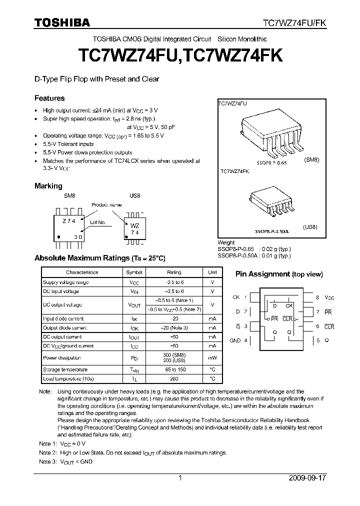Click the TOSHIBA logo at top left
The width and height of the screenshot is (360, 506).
coord(62,22)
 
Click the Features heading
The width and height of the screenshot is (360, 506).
coord(49,98)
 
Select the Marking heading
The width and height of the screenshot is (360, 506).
coord(48,186)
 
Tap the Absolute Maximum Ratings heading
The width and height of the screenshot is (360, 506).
coord(99,258)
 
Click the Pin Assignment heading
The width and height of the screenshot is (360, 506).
coord(279,274)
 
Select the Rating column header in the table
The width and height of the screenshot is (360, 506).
coord(174,272)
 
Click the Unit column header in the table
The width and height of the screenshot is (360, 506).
coord(212,272)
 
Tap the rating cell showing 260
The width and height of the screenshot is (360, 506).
coord(174,379)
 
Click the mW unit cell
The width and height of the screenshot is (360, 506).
coord(212,357)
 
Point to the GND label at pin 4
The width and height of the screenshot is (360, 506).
coord(235,340)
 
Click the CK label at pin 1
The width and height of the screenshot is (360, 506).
coord(236,297)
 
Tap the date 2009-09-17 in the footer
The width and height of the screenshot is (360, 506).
coord(307,478)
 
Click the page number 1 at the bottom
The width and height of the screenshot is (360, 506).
coord(180,478)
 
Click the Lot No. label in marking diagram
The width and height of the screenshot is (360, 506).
coord(97,222)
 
